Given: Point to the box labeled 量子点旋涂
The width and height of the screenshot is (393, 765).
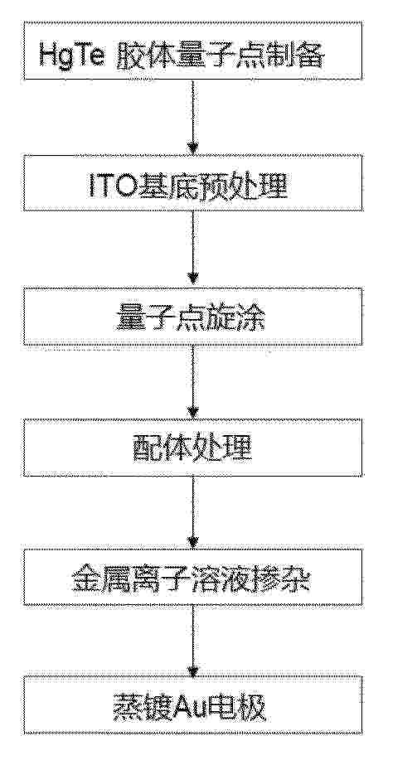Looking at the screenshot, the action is (x=193, y=316).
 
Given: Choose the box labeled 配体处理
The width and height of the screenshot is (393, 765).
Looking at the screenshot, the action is (x=193, y=448).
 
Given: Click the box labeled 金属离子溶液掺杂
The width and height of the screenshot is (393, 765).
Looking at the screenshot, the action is (x=193, y=577).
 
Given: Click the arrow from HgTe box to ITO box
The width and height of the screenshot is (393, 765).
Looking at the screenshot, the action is (x=193, y=117).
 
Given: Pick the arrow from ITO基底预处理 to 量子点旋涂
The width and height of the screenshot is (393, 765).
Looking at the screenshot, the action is (x=193, y=249).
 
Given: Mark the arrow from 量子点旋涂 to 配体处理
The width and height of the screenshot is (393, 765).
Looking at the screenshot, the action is (x=193, y=382).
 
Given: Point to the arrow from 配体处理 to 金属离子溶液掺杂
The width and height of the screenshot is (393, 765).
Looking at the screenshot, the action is (x=193, y=513).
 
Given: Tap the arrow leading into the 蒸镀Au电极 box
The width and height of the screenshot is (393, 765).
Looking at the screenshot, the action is (x=193, y=641).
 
